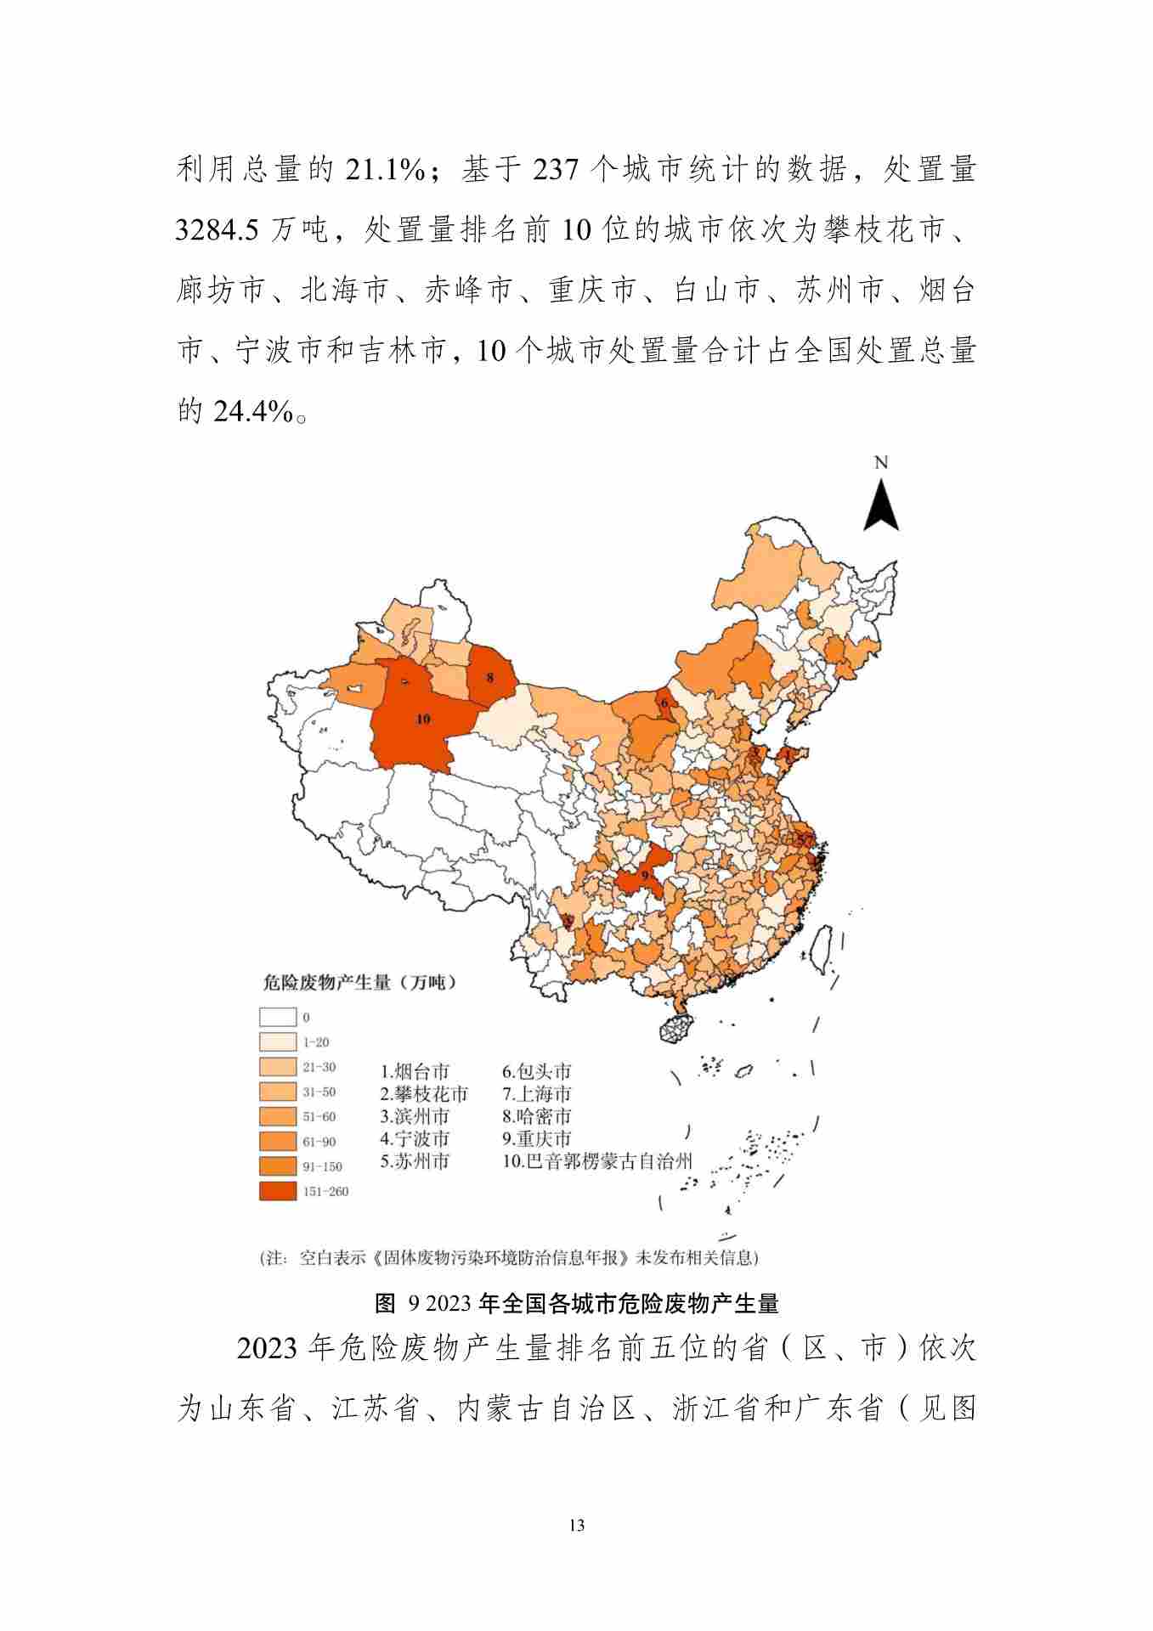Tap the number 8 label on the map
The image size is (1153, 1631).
(489, 677)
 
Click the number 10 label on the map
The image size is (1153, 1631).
(422, 719)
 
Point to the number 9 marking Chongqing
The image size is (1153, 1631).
(645, 874)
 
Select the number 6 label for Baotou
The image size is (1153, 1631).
(664, 703)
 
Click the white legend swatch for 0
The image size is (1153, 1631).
(278, 1017)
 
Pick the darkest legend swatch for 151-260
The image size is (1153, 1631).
(278, 1191)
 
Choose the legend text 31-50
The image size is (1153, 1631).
(319, 1092)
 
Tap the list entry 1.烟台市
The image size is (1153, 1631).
(415, 1071)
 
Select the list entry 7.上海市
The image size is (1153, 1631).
(536, 1094)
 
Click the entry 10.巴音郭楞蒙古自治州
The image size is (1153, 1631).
(596, 1161)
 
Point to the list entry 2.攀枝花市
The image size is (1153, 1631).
(423, 1094)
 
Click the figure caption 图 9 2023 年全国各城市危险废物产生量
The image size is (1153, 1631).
(576, 1302)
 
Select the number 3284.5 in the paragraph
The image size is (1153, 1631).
(216, 229)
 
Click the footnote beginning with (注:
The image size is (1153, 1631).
(508, 1257)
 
